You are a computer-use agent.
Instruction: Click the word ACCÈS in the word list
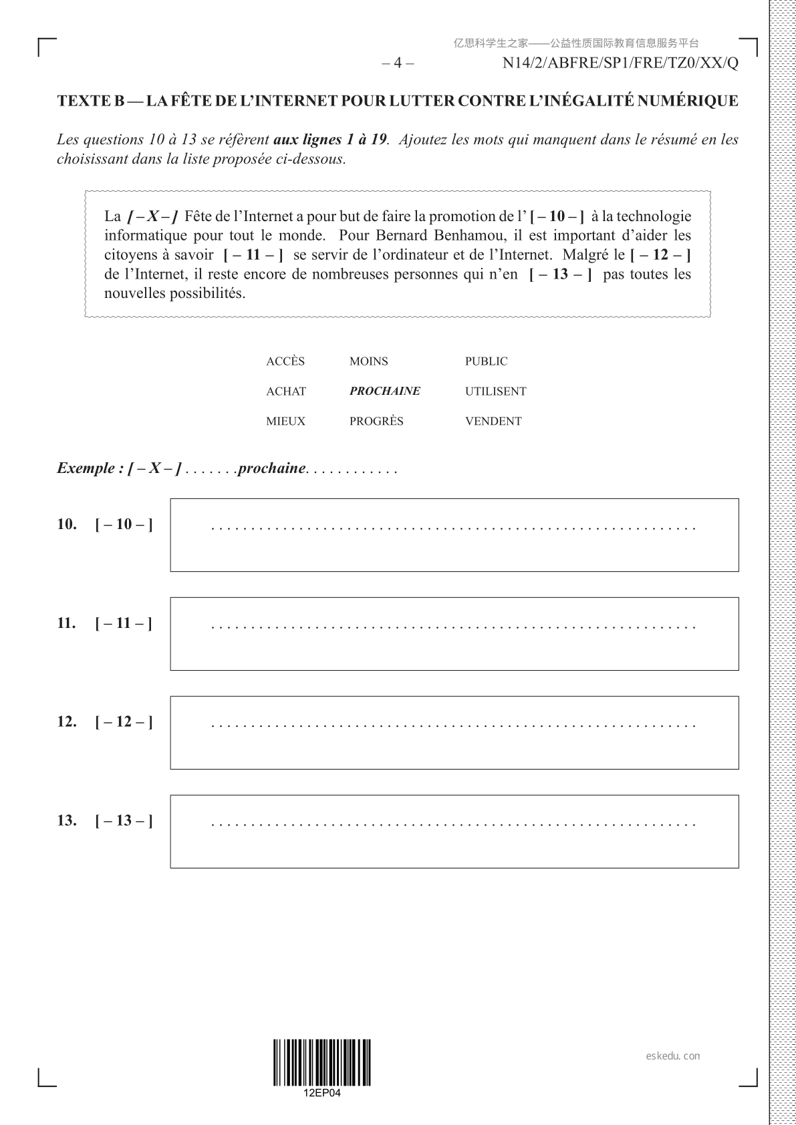coord(285,361)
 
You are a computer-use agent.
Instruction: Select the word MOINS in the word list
coord(368,361)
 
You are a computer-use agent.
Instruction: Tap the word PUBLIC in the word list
coord(486,361)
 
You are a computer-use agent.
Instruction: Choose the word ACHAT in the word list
coord(286,391)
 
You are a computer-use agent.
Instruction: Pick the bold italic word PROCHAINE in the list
coord(384,391)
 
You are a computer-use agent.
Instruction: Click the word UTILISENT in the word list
coord(495,391)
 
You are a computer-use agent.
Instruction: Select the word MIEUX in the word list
coord(285,422)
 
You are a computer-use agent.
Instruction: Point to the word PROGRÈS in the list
coord(376,422)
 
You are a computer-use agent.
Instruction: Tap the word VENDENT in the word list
coord(493,422)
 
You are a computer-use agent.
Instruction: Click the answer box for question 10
coord(454,534)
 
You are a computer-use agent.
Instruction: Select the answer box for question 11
coord(454,633)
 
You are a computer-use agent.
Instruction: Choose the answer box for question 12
coord(454,732)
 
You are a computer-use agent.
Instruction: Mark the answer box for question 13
coord(454,831)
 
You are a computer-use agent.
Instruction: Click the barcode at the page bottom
coord(321,1062)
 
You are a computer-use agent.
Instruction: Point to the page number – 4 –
coord(398,63)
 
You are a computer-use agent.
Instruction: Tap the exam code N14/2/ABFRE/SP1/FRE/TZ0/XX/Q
coord(620,63)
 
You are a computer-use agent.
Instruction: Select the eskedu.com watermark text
coord(673,1056)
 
